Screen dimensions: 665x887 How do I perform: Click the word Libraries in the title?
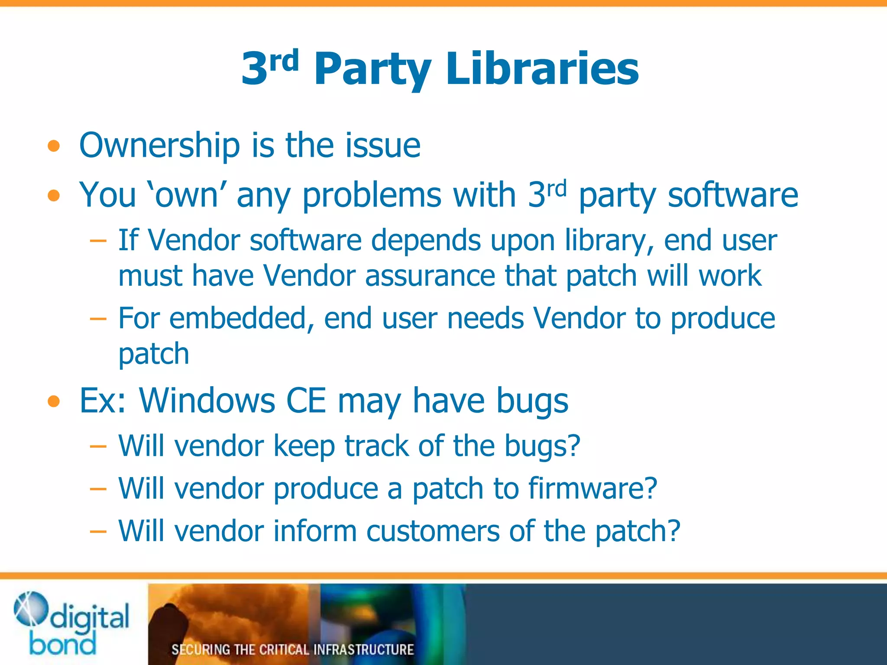(542, 69)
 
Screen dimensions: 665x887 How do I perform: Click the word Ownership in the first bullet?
(159, 145)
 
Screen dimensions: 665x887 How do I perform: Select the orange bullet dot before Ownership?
(54, 146)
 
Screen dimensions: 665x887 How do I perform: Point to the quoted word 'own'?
(187, 195)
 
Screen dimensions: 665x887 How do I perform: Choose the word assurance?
(430, 276)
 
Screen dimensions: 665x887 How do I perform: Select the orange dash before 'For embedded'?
(98, 319)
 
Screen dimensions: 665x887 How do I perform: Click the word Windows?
(207, 400)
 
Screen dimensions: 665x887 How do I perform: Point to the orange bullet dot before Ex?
(54, 401)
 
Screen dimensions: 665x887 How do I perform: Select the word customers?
(433, 531)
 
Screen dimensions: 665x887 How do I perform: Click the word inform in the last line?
(315, 531)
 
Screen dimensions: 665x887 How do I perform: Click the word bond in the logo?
(63, 644)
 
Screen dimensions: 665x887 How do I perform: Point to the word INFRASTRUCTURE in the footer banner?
(363, 649)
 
